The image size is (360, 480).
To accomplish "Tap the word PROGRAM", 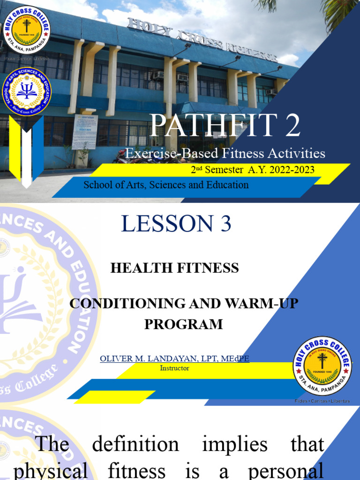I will pyautogui.click(x=183, y=324).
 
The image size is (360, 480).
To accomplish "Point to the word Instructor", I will pyautogui.click(x=174, y=368).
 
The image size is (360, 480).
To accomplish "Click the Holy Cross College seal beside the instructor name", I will pyautogui.click(x=322, y=366).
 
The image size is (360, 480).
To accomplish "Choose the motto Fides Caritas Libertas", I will pyautogui.click(x=322, y=401).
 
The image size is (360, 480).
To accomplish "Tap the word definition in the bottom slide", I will pyautogui.click(x=135, y=444).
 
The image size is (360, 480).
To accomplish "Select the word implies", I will pyautogui.click(x=234, y=444).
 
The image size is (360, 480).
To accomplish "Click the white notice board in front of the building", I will pyautogui.click(x=85, y=132).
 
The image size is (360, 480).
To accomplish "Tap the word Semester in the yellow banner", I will pyautogui.click(x=226, y=170).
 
